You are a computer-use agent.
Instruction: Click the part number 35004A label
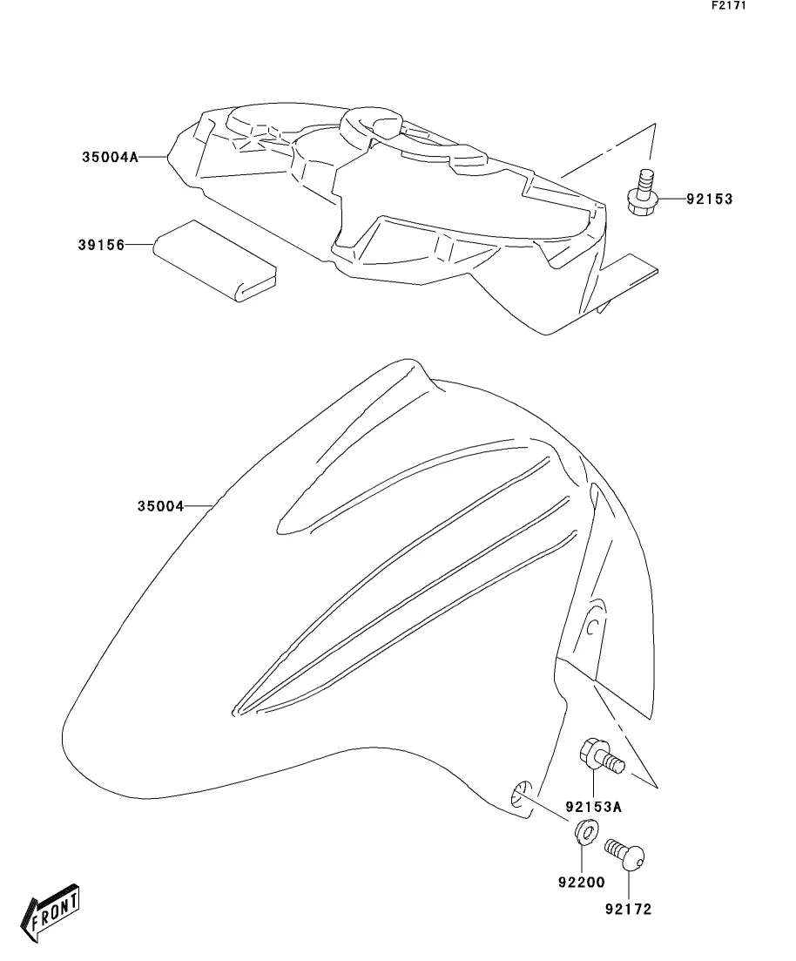(x=111, y=158)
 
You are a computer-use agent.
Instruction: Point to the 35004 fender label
(x=160, y=505)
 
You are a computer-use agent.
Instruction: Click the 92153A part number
(x=593, y=806)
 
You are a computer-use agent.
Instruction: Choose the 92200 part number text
(x=581, y=882)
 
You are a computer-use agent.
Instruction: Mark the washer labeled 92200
(x=585, y=832)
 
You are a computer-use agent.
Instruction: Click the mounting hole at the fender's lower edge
(x=519, y=795)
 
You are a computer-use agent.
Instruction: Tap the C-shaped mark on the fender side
(x=590, y=625)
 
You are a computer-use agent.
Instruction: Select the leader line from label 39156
(x=139, y=246)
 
